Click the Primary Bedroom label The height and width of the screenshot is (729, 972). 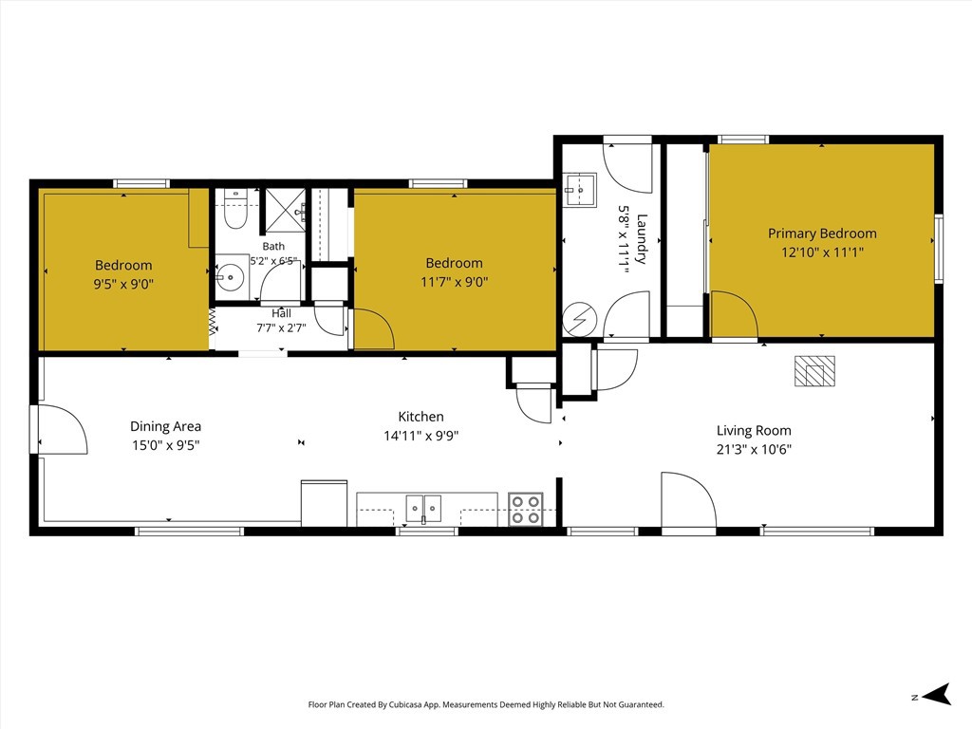822,234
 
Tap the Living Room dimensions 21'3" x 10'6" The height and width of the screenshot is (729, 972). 754,449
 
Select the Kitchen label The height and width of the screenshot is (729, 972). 421,417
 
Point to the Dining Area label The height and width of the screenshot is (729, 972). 165,426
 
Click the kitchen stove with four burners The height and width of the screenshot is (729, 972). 526,509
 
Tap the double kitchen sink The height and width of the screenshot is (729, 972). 423,509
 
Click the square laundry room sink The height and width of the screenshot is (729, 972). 580,190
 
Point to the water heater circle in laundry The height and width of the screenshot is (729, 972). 579,320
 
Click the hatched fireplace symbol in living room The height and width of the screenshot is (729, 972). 814,371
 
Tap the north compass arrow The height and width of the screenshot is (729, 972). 936,695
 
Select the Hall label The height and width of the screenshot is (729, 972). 281,313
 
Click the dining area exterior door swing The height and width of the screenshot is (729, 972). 63,430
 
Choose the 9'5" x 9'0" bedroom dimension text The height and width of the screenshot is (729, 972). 123,285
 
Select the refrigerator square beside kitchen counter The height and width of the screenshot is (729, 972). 325,503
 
